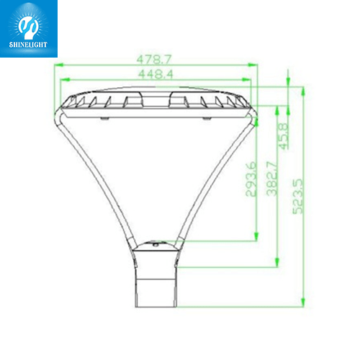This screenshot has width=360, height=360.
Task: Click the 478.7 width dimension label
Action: (154, 59)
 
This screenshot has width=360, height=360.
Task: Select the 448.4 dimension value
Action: (156, 74)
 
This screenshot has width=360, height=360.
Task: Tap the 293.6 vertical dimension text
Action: (251, 179)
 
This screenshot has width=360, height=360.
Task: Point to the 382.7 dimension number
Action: (272, 179)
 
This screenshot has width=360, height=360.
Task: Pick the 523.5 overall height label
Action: (298, 196)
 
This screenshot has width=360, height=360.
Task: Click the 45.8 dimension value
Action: (283, 136)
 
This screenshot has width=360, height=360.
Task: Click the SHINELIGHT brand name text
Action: (28, 45)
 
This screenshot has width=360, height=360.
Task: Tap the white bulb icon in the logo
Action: (28, 28)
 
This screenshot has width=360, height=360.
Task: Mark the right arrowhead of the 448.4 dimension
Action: (246, 80)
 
